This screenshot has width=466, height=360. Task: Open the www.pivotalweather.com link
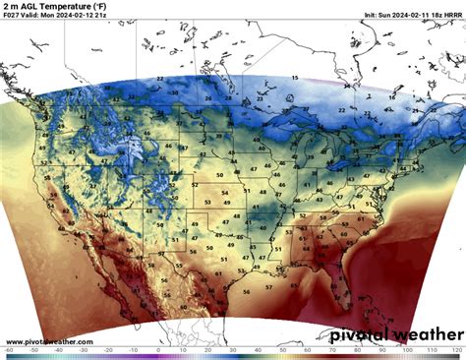(49, 342)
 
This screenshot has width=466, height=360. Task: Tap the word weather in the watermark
(425, 335)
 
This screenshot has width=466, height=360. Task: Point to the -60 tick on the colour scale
(8, 351)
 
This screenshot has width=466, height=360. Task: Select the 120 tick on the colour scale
(457, 351)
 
